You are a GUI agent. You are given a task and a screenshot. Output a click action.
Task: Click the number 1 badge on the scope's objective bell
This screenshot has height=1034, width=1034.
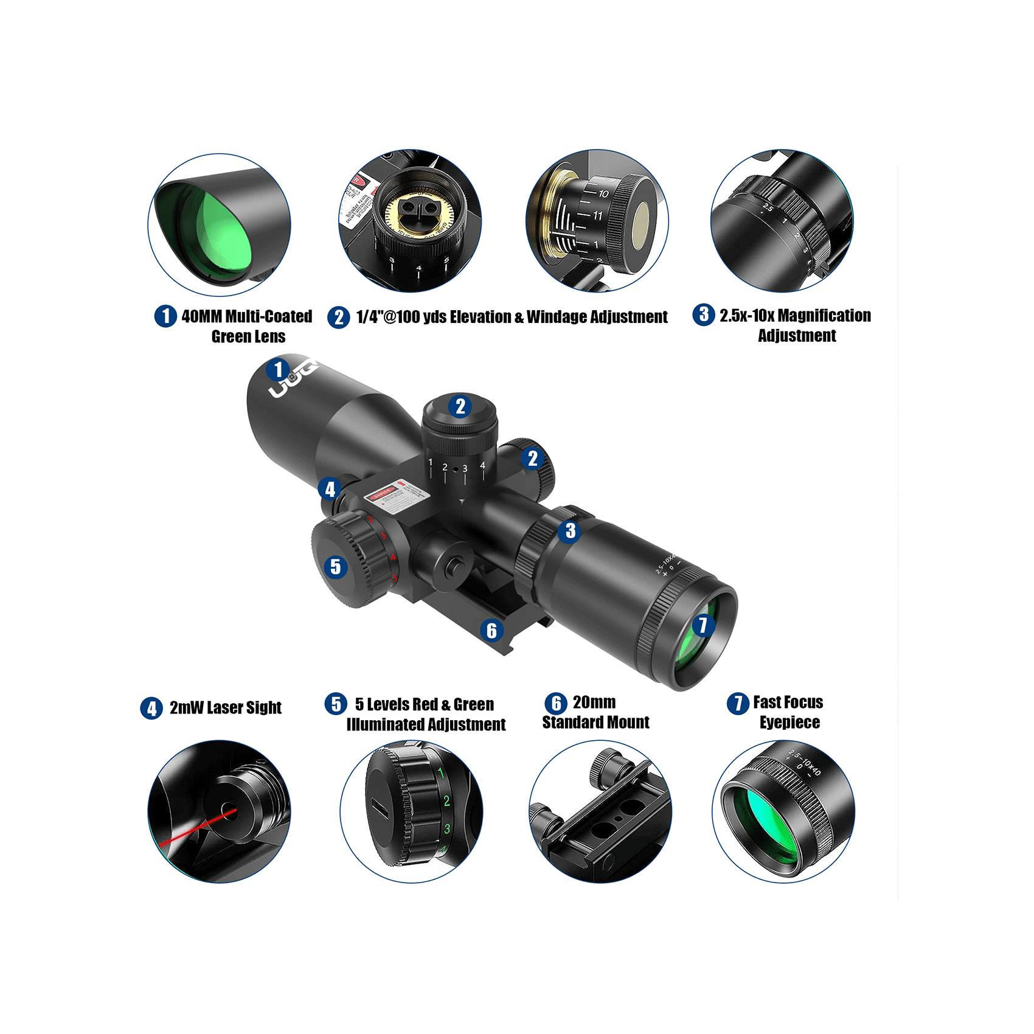pos(278,369)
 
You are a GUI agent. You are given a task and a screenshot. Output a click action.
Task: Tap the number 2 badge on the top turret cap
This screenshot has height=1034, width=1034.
pos(460,406)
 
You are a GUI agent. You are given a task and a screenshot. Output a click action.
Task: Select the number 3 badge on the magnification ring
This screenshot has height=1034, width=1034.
pos(570,531)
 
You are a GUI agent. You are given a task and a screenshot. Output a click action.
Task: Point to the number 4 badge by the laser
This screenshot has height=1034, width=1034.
pos(330,488)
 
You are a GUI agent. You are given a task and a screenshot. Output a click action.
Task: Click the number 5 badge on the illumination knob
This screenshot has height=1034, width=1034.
pos(335,567)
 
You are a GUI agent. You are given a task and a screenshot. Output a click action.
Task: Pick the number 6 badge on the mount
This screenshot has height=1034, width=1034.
pos(491,631)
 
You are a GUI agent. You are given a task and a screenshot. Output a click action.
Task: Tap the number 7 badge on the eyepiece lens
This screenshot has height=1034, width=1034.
pos(703,625)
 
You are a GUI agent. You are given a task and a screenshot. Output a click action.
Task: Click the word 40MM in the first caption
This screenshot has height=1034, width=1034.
pos(201,316)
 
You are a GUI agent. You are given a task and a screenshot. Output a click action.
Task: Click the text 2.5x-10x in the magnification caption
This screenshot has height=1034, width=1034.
pos(747,316)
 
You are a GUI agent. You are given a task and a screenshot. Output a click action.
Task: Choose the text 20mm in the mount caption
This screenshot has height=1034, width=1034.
pos(594,703)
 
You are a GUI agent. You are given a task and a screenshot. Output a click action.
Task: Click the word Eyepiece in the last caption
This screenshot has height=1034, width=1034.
pos(789,723)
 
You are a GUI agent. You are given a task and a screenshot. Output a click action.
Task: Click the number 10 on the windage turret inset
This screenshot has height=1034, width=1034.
pos(603,194)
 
